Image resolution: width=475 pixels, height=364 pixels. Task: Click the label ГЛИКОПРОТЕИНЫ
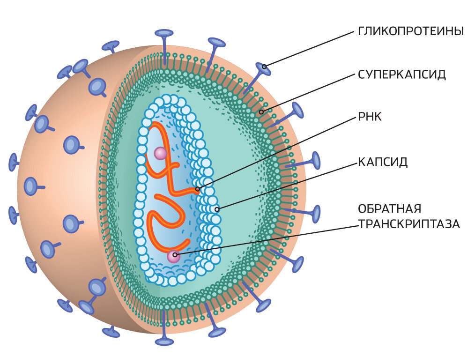(411, 31)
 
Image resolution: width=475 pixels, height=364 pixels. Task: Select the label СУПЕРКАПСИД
(402, 74)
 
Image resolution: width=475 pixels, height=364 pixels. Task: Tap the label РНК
(370, 117)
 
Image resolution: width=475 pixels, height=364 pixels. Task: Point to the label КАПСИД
(383, 162)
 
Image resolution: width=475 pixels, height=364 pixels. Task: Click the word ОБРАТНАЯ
(389, 208)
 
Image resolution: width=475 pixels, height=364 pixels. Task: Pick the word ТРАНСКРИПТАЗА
(409, 224)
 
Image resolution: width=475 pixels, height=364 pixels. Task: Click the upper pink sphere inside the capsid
(160, 154)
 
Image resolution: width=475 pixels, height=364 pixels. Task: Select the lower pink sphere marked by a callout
(174, 257)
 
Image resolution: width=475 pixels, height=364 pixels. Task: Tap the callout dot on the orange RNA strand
(198, 189)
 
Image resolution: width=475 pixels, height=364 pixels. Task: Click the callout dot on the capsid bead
(217, 209)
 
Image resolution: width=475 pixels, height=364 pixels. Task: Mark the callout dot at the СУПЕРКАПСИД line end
(261, 112)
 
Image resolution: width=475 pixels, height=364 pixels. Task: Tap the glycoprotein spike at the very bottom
(164, 328)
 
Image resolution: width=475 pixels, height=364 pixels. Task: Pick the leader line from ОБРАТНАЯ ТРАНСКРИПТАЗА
(266, 240)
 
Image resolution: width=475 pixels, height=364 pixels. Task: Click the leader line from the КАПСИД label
(287, 186)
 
